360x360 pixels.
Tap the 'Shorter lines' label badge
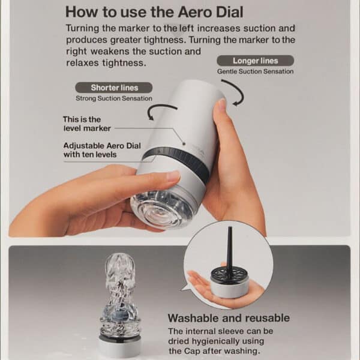(114, 88)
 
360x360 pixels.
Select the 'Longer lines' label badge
(255, 61)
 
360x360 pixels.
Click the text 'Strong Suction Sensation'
(113, 98)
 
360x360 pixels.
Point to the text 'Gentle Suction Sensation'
(255, 71)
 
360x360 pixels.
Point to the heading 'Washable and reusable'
(228, 318)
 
